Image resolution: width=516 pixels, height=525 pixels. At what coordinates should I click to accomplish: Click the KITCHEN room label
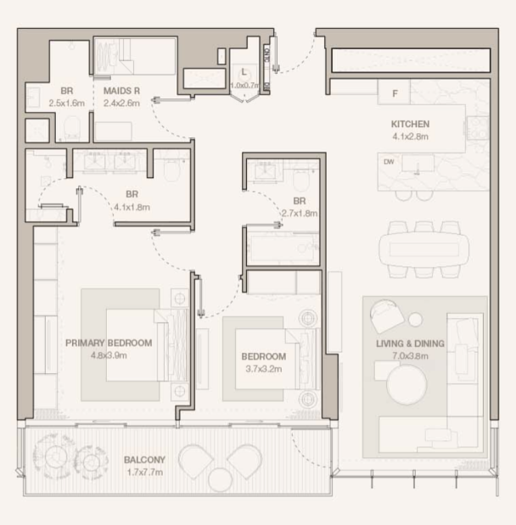[410, 124]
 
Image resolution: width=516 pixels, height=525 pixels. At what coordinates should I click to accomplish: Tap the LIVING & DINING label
[410, 343]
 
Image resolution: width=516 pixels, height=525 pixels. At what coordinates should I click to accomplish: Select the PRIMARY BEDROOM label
[109, 343]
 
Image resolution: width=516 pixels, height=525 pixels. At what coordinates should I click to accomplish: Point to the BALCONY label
[144, 460]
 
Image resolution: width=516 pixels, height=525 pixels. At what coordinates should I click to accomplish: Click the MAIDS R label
[121, 91]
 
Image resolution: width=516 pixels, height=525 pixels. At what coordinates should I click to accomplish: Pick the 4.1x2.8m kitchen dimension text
[410, 137]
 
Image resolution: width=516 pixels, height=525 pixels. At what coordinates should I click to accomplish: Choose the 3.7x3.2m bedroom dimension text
[263, 369]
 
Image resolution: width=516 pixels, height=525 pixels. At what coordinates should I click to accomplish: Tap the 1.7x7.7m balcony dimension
[145, 472]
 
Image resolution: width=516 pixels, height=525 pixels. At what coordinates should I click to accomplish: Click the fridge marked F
[394, 92]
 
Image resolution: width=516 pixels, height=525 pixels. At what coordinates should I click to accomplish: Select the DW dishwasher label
[389, 162]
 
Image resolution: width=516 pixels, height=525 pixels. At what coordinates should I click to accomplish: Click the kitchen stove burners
[478, 128]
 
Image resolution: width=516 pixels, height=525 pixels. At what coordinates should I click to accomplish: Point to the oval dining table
[423, 249]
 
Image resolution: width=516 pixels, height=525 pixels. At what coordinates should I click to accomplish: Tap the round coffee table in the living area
[407, 385]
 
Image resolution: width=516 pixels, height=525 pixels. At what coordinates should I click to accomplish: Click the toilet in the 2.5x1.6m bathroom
[71, 128]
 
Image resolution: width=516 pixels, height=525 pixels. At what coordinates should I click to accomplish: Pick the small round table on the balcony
[220, 480]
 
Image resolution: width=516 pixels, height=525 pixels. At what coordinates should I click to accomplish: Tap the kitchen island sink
[418, 164]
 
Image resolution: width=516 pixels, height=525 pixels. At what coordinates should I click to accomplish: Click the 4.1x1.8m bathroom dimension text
[132, 207]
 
